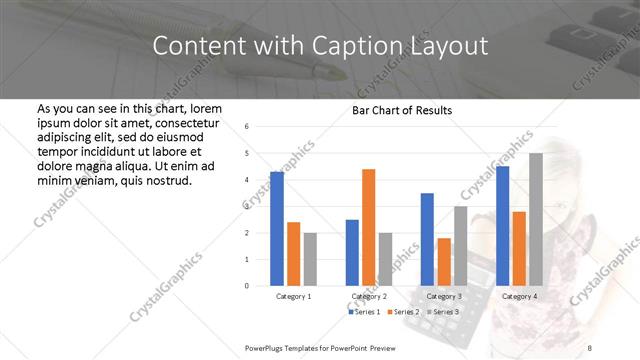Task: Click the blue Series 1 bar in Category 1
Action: [277, 229]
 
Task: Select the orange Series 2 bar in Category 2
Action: [368, 227]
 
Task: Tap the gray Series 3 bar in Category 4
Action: [536, 219]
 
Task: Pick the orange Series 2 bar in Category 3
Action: [444, 262]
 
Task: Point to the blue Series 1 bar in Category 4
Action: [502, 226]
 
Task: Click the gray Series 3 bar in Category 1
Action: [311, 259]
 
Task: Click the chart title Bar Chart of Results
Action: [402, 110]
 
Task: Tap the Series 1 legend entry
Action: [362, 313]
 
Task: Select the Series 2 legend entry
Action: [402, 313]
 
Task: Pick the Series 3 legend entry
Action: [441, 313]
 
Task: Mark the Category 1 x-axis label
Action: [294, 297]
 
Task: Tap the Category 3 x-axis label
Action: [444, 297]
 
